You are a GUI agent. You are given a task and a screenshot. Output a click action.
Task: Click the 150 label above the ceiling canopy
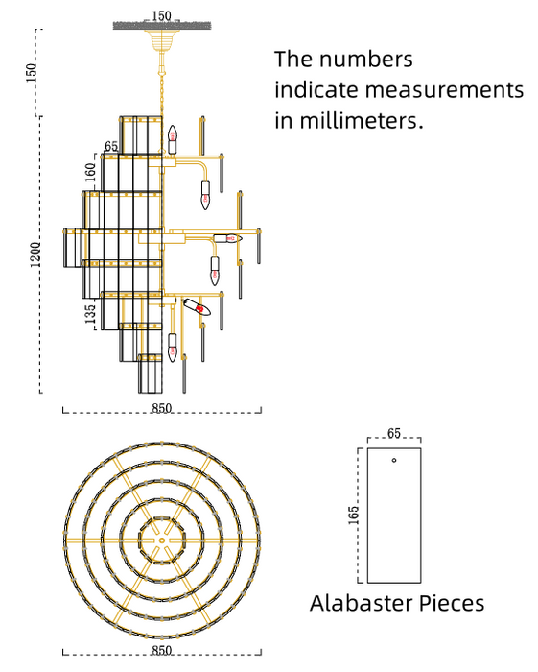(x=161, y=16)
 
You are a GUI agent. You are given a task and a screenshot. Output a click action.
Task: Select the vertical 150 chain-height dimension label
(x=32, y=73)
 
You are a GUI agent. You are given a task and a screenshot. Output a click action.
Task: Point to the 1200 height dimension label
(x=35, y=254)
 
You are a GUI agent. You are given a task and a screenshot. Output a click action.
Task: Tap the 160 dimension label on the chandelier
(x=90, y=172)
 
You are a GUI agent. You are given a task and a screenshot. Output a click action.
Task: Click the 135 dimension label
(x=90, y=314)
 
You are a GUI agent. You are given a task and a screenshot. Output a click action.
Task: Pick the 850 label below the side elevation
(x=161, y=408)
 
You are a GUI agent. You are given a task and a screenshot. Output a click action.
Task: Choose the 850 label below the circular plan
(x=161, y=650)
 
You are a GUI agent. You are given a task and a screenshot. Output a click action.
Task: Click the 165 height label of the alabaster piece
(x=354, y=515)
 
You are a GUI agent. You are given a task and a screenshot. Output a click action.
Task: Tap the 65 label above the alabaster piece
(x=394, y=433)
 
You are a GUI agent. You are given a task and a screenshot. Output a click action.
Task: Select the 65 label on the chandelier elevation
(x=111, y=146)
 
